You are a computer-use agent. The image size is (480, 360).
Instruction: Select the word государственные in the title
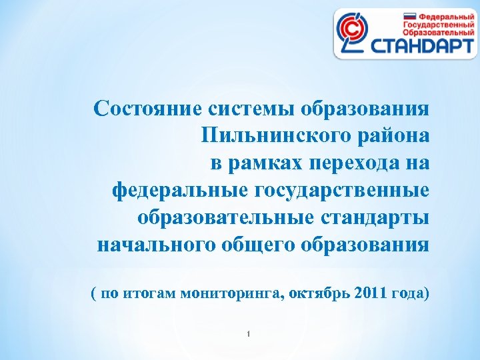point(341,191)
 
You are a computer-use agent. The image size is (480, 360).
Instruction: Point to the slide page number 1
point(247,334)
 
